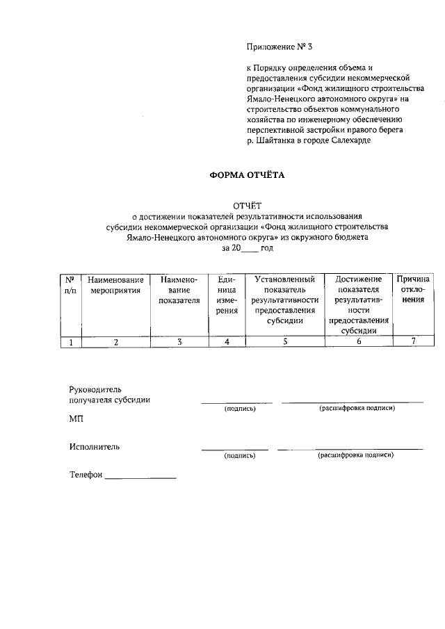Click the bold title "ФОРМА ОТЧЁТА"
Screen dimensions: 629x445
pos(248,176)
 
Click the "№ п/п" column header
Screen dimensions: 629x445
pos(70,284)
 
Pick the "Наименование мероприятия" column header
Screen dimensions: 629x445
pos(115,284)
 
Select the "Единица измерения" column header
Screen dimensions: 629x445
pos(226,295)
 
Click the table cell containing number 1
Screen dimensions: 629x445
pos(70,341)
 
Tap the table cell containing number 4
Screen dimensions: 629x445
pos(226,341)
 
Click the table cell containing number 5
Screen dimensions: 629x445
pos(284,341)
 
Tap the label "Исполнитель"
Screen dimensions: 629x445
pos(94,446)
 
